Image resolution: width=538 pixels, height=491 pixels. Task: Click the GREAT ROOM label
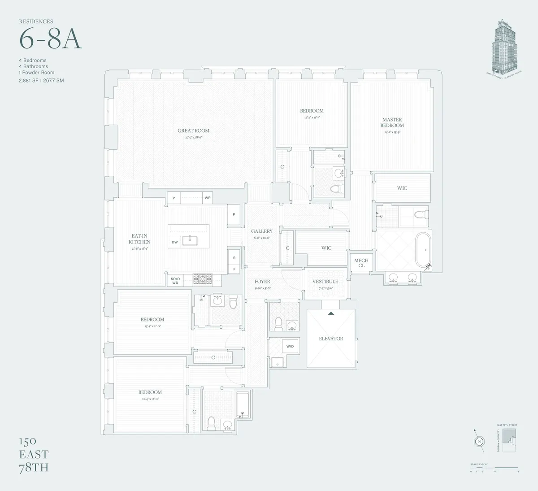click(x=193, y=131)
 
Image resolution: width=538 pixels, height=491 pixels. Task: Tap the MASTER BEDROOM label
click(x=392, y=122)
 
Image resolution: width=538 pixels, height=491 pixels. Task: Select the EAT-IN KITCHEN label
click(x=139, y=239)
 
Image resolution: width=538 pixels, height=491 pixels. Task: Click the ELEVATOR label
click(x=331, y=339)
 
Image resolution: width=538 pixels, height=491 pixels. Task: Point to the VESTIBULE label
click(x=325, y=282)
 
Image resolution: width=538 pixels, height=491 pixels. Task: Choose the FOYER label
click(x=262, y=282)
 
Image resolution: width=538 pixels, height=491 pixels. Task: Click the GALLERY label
click(x=262, y=231)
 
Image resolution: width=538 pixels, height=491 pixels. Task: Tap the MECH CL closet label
click(x=361, y=263)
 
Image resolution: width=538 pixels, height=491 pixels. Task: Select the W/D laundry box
click(x=290, y=346)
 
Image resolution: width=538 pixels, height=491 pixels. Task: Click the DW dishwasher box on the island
click(x=175, y=242)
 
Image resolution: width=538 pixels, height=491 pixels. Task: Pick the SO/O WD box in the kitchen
click(x=175, y=280)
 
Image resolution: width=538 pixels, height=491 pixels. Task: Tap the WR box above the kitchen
click(x=208, y=198)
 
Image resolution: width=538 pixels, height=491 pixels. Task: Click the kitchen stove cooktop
click(x=202, y=280)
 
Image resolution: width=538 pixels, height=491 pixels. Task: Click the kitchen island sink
click(x=191, y=239)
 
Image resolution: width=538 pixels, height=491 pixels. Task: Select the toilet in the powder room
click(x=278, y=322)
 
